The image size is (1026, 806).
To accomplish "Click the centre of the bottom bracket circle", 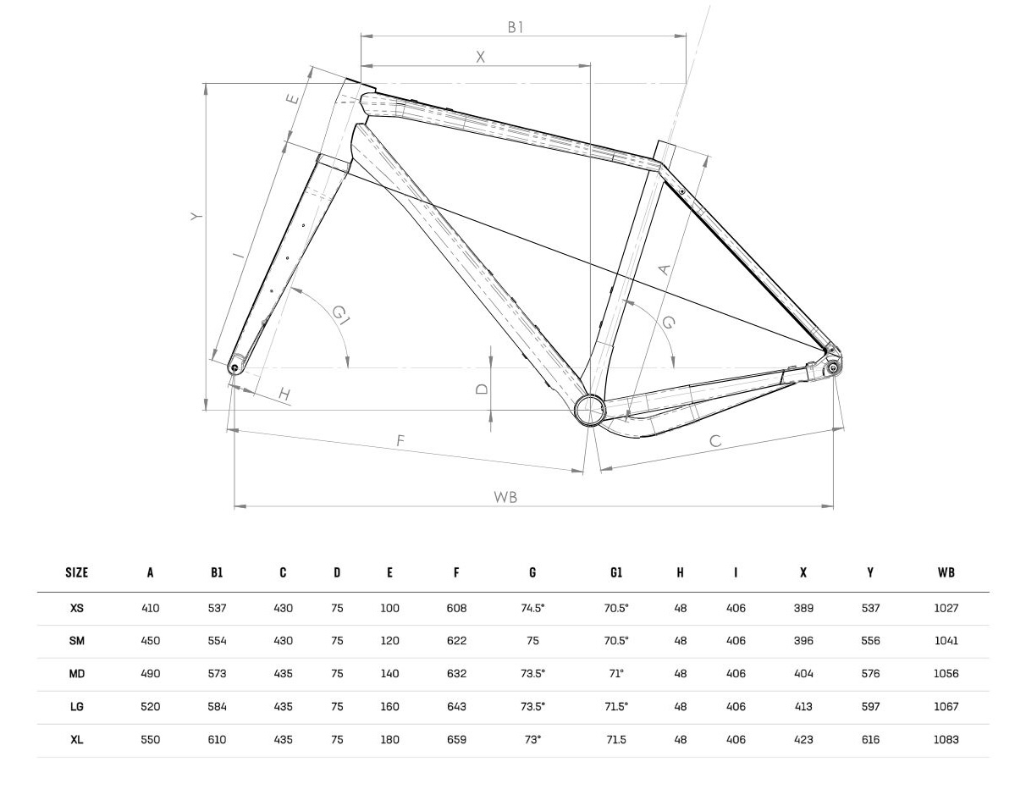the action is (590, 411).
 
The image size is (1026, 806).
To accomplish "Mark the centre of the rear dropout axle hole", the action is (833, 367).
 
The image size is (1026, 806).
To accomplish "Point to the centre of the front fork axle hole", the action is (234, 367).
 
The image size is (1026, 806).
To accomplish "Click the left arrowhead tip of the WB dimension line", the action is (234, 506).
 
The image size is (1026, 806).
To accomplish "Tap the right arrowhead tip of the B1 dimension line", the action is (687, 36).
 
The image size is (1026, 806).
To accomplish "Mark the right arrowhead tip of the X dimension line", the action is (590, 66).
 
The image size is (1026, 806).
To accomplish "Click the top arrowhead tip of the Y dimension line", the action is (206, 84).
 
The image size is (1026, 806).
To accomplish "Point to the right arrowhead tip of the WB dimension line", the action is (833, 506).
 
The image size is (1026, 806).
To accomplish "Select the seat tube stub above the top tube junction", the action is (664, 152).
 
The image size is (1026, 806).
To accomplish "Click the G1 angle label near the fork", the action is (340, 315).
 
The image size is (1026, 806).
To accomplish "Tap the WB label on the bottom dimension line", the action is (505, 497).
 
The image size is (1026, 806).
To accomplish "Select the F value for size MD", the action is (456, 674).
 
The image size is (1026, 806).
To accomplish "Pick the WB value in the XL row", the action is (946, 740).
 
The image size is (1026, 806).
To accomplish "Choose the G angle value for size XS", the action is (532, 608).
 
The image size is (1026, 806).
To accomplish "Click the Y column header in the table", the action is (870, 572).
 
